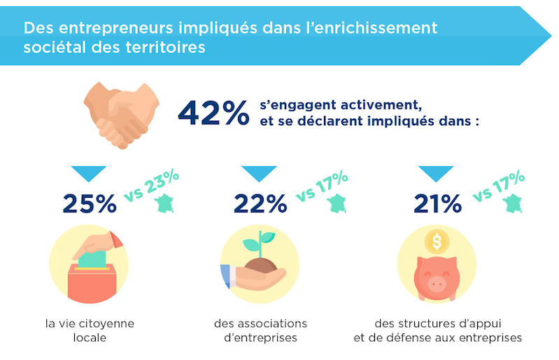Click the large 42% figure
[x=213, y=113]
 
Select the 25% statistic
[x=90, y=203]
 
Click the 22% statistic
[x=260, y=203]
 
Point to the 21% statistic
[x=437, y=203]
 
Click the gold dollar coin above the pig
[x=437, y=242]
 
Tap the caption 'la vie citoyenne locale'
[x=89, y=331]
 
